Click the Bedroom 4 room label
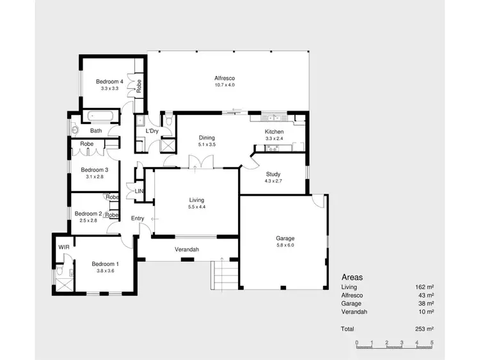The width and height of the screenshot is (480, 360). click(109, 81)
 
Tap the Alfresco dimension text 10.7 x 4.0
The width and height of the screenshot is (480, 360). click(225, 85)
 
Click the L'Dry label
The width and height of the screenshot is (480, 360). click(152, 131)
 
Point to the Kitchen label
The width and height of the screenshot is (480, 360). click(274, 132)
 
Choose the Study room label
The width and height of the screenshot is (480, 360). click(273, 174)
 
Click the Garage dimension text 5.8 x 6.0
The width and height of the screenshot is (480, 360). click(285, 246)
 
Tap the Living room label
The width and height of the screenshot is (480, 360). click(196, 200)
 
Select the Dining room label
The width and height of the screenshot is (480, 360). click(207, 137)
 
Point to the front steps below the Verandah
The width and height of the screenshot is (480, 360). click(225, 274)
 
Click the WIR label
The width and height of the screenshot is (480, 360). click(63, 246)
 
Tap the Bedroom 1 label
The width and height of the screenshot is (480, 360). click(104, 264)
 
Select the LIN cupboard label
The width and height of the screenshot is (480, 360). click(139, 191)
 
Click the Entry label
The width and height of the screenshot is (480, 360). click(138, 219)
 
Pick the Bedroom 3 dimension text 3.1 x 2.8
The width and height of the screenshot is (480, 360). click(93, 177)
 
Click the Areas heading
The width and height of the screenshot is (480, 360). click(352, 278)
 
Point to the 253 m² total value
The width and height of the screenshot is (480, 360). click(424, 329)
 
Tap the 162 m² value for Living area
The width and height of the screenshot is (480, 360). click(424, 288)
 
